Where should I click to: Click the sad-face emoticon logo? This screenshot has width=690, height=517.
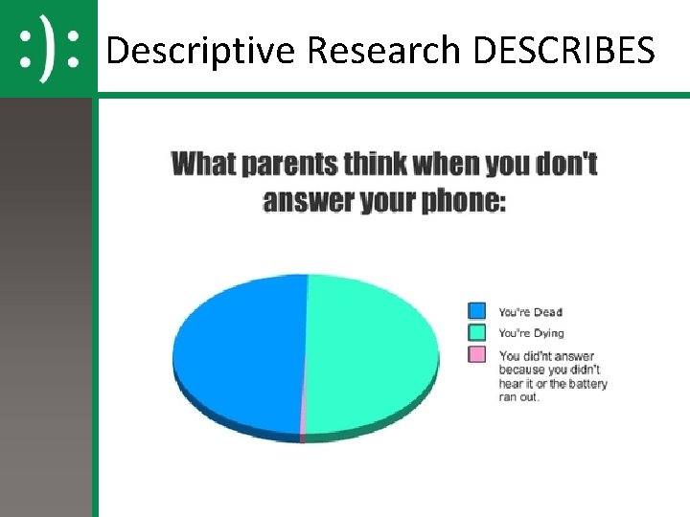[x=49, y=49]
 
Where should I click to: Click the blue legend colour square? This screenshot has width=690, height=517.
[x=476, y=311]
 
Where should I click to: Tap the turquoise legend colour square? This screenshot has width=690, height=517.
[x=476, y=333]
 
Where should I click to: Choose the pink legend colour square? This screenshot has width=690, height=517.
[x=476, y=355]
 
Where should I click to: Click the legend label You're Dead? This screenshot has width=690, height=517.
[x=530, y=312]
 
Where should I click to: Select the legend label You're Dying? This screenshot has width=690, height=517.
[x=531, y=334]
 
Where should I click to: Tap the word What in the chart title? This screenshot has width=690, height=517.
[x=203, y=164]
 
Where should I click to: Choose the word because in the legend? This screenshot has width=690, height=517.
[x=520, y=370]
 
